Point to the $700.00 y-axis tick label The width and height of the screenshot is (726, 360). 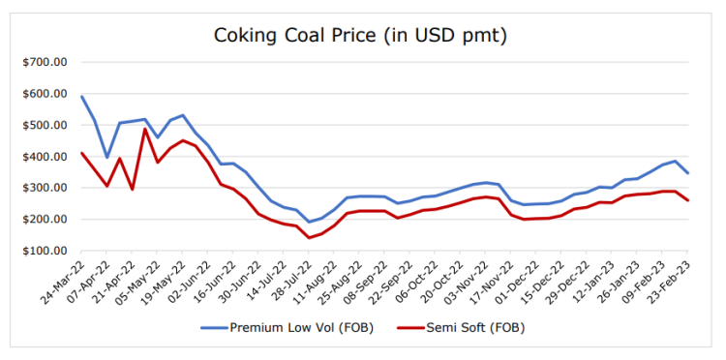[45, 63]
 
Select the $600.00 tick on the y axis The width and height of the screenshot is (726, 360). [45, 94]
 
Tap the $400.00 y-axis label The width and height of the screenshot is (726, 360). [45, 157]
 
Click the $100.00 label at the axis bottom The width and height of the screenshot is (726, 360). [45, 251]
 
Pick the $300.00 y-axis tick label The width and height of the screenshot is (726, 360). [45, 188]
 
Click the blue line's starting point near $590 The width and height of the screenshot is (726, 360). [82, 96]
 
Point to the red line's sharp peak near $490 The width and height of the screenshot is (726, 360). [145, 129]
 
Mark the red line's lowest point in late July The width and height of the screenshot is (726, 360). [309, 238]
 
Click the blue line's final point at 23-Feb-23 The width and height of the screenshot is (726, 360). [687, 173]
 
